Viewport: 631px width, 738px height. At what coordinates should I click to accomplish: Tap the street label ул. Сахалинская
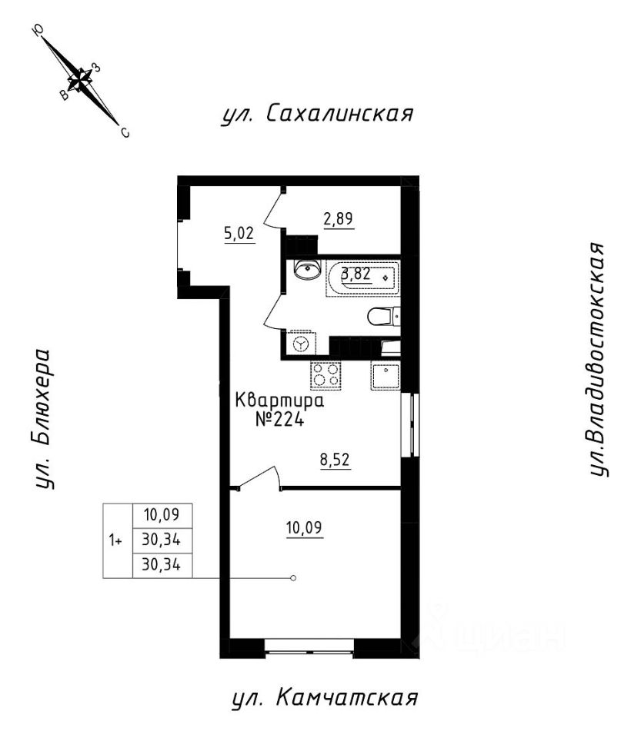pyautogui.click(x=317, y=115)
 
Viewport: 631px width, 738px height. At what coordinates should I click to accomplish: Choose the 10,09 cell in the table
pyautogui.click(x=162, y=513)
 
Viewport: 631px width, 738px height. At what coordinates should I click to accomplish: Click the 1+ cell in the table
pyautogui.click(x=116, y=540)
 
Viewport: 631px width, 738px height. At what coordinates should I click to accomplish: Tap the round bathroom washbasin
pyautogui.click(x=308, y=270)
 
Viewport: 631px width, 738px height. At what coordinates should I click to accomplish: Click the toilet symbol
pyautogui.click(x=382, y=316)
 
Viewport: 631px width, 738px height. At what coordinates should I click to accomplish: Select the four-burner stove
pyautogui.click(x=326, y=376)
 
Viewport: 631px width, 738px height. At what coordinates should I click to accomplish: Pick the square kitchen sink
pyautogui.click(x=385, y=376)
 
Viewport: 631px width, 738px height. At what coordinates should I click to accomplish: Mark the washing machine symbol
pyautogui.click(x=301, y=343)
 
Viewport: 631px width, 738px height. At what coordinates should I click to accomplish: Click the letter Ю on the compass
pyautogui.click(x=38, y=31)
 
